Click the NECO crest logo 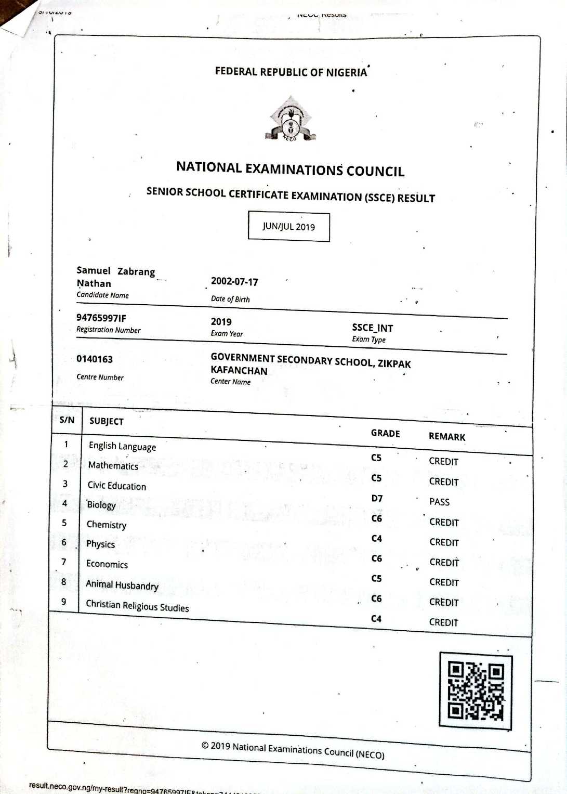[290, 120]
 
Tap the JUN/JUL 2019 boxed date [288, 227]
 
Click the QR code [476, 691]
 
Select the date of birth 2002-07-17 [234, 282]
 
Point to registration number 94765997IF [101, 318]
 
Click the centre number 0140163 [95, 359]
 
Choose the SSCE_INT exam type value [372, 328]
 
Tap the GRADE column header [385, 433]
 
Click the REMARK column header [447, 437]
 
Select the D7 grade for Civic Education [377, 498]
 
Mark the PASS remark [439, 502]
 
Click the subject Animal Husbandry [122, 585]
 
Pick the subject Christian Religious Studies [137, 606]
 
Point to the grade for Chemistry [376, 538]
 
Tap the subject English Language [122, 446]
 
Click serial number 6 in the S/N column [64, 542]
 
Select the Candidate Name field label [102, 295]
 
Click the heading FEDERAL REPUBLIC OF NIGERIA [291, 72]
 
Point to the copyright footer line [293, 750]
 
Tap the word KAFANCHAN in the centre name [239, 371]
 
